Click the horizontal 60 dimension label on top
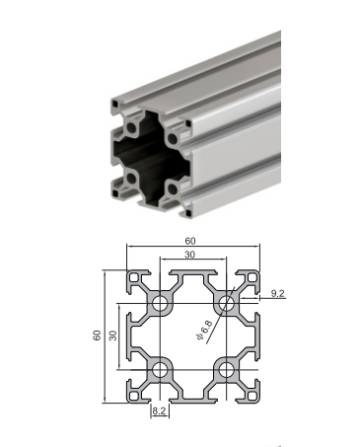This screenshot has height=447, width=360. pos(190,241)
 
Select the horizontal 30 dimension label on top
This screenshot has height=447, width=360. pos(189,255)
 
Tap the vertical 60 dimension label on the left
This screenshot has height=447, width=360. pos(97,335)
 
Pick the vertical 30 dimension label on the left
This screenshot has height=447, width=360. pos(112,335)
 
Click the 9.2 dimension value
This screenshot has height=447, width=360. pos(277,293)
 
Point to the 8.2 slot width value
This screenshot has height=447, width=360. pos(160,410)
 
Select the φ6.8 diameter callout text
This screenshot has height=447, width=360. pos(204,330)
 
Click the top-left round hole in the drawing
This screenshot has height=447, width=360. pos(160,303)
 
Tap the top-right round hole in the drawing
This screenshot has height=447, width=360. pos(226,303)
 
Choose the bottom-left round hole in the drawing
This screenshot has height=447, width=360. pos(160,369)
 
